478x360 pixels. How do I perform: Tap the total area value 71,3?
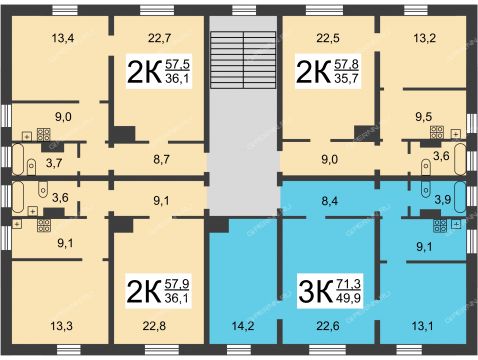coord(348,285)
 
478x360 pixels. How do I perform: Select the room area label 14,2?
coord(243,326)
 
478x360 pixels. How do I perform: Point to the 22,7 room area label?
coord(159,38)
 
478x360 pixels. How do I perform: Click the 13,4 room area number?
coord(63,38)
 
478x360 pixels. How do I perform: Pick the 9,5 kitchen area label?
coord(423,117)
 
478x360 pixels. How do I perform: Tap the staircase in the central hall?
coord(243,60)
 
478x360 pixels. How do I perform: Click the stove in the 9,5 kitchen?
coord(437,132)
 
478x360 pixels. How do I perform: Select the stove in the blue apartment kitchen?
coord(440,226)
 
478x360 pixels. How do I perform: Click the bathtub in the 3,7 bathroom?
coord(18,159)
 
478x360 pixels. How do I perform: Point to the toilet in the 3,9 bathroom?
coord(426,188)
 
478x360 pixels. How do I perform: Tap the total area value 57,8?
coord(346,64)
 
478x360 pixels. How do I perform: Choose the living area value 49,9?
coord(349,297)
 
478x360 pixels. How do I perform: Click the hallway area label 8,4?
coord(328,201)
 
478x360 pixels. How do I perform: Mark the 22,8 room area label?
coord(154,326)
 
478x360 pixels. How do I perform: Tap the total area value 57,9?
coord(177,284)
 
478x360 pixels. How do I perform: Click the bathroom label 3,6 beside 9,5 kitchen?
coord(441,156)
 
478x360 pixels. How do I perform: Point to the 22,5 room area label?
coord(328,38)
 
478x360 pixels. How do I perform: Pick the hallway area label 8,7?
coord(161,159)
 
